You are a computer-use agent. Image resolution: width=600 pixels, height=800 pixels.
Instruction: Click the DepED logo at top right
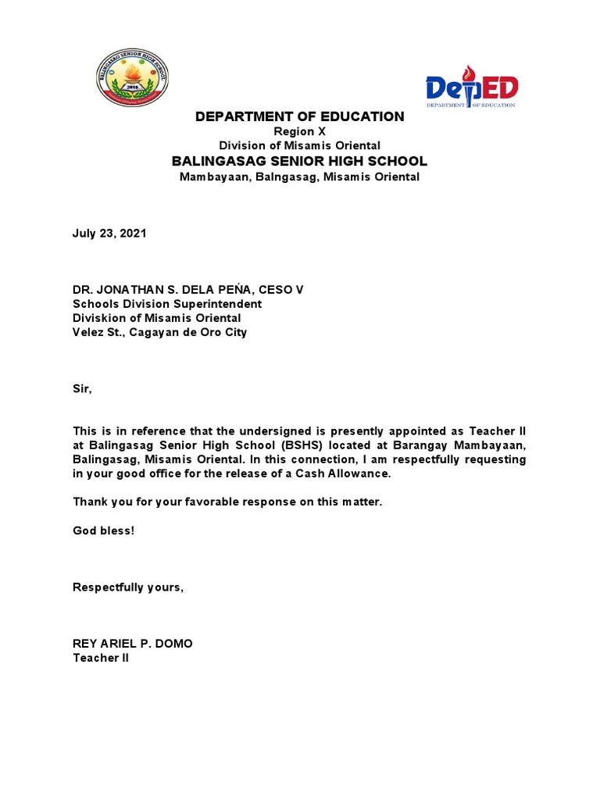coord(471,87)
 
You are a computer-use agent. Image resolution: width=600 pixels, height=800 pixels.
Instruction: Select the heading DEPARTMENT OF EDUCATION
coord(299,116)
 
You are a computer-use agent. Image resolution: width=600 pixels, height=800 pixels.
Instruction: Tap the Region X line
coord(299,131)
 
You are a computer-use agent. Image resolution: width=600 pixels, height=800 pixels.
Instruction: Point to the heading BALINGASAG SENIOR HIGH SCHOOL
coord(299,161)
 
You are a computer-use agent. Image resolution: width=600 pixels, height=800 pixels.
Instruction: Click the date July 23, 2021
coord(109,234)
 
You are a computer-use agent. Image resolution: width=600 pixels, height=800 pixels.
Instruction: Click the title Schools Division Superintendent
coord(167,304)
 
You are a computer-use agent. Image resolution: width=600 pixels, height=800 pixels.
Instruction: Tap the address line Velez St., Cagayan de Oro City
coord(159,332)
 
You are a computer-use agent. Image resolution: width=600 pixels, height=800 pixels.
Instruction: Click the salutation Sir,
coord(82,388)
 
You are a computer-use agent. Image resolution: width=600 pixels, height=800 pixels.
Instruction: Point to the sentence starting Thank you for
coord(227,502)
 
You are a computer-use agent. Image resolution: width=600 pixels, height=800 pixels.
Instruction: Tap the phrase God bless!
coord(103,530)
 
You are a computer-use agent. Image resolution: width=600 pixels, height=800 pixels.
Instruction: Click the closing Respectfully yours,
coord(128,587)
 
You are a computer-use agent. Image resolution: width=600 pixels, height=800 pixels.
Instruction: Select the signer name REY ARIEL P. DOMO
coord(132,644)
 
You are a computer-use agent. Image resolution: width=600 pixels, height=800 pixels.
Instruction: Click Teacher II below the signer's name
coord(101,658)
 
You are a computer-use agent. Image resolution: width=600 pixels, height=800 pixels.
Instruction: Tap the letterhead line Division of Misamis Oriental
coord(299,145)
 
